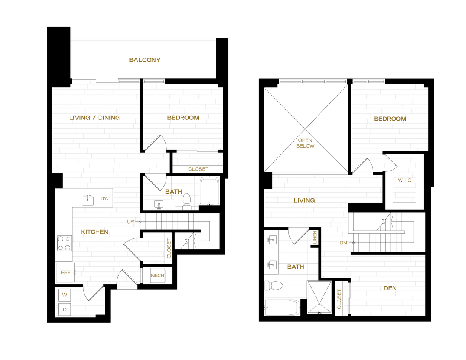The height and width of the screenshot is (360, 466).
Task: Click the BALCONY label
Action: pyautogui.click(x=145, y=60)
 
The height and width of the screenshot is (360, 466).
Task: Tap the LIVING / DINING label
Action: pyautogui.click(x=94, y=118)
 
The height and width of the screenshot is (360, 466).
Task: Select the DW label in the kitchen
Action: pyautogui.click(x=105, y=199)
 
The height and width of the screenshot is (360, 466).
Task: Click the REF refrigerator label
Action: pyautogui.click(x=65, y=273)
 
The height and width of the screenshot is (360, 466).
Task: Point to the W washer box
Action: pyautogui.click(x=64, y=295)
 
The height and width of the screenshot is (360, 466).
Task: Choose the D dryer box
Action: pyautogui.click(x=64, y=310)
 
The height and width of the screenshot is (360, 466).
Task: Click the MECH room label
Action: pyautogui.click(x=157, y=276)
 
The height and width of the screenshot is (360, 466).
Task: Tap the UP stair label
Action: pyautogui.click(x=130, y=221)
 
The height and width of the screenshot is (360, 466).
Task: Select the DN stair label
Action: pyautogui.click(x=343, y=243)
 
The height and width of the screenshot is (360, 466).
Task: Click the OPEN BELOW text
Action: pyautogui.click(x=306, y=143)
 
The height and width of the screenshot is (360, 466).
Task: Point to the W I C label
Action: pyautogui.click(x=405, y=180)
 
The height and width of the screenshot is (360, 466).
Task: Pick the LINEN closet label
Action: pyautogui.click(x=315, y=238)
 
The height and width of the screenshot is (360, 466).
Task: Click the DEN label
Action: pyautogui.click(x=390, y=288)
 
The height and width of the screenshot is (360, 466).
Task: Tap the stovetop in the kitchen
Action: pyautogui.click(x=64, y=243)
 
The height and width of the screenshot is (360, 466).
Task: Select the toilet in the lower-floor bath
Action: pyautogui.click(x=187, y=202)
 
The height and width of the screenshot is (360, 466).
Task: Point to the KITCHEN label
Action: pyautogui.click(x=94, y=232)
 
